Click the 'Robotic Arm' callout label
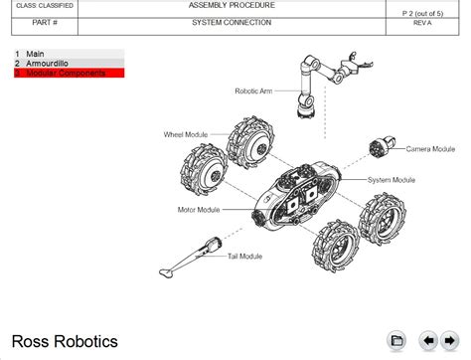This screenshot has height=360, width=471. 253,90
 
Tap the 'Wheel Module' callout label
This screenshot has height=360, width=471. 186,134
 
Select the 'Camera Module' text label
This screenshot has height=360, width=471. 430,149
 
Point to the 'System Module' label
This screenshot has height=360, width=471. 392,180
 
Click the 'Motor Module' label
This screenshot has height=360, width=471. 199,210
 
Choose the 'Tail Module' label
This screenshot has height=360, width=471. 244,257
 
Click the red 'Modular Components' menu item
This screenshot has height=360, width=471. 70,73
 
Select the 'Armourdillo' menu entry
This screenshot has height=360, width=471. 70,64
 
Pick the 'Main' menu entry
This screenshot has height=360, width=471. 70,54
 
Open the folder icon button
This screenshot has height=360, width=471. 396,340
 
